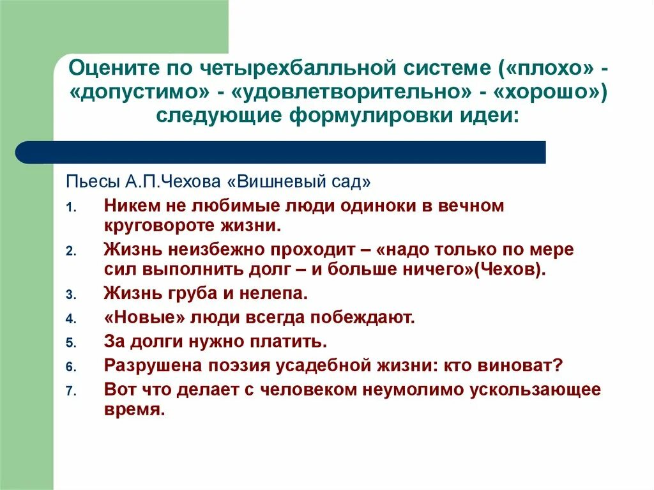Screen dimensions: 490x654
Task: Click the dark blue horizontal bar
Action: point(281,152)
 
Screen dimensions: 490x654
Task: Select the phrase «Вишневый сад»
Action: point(298,181)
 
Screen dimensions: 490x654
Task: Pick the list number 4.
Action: point(71,318)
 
